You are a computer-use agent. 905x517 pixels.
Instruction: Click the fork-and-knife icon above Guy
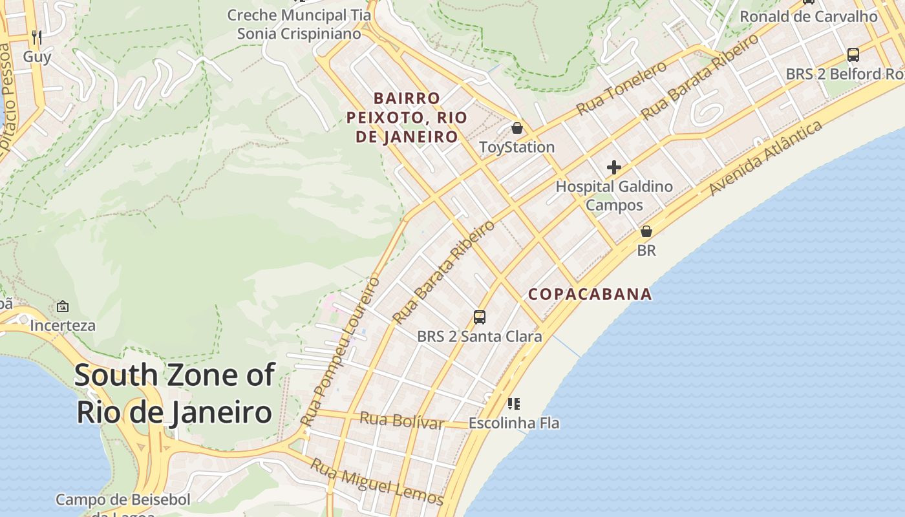tap(37, 37)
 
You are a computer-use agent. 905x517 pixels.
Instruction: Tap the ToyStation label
tap(516, 147)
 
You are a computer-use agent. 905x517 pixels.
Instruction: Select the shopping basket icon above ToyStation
tap(516, 128)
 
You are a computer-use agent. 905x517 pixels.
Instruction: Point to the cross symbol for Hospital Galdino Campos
tap(613, 168)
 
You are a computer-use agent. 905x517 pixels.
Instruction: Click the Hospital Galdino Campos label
tap(614, 196)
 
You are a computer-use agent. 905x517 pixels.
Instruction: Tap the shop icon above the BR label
tap(646, 231)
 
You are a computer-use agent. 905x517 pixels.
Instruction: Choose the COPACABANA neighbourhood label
tap(590, 295)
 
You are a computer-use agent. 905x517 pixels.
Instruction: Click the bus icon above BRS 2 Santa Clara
tap(479, 317)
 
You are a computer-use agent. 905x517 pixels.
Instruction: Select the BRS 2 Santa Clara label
tap(479, 337)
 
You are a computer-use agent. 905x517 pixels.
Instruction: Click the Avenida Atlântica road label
tap(765, 158)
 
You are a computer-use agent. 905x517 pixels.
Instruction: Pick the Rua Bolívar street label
tap(401, 421)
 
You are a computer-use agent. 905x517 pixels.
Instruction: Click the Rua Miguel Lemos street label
tap(376, 481)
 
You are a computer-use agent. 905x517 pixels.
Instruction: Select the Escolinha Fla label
tap(514, 423)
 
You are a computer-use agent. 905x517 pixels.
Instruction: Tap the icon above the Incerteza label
tap(63, 306)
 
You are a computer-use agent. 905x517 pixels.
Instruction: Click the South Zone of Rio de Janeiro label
tap(175, 394)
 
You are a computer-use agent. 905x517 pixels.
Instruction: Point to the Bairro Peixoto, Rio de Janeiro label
tap(407, 118)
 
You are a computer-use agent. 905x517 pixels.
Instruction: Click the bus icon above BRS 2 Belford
tap(853, 55)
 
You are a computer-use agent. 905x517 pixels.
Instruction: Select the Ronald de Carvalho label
tap(808, 16)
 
